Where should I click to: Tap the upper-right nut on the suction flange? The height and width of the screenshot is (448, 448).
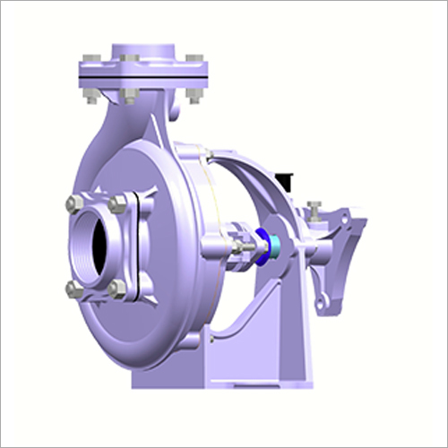118,205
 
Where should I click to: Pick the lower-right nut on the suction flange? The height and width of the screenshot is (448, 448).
117,289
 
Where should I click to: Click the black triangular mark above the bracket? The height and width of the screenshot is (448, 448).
287,181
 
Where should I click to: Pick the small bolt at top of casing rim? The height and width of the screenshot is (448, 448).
207,158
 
